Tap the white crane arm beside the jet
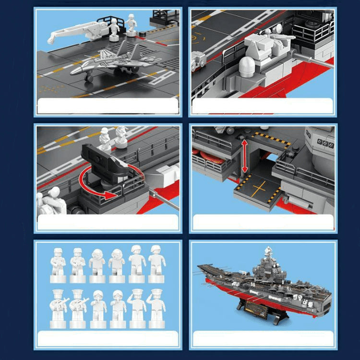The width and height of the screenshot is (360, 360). [x=72, y=34]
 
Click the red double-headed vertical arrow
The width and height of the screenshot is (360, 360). [x=245, y=156]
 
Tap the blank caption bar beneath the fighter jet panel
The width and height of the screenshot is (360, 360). [x=108, y=106]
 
